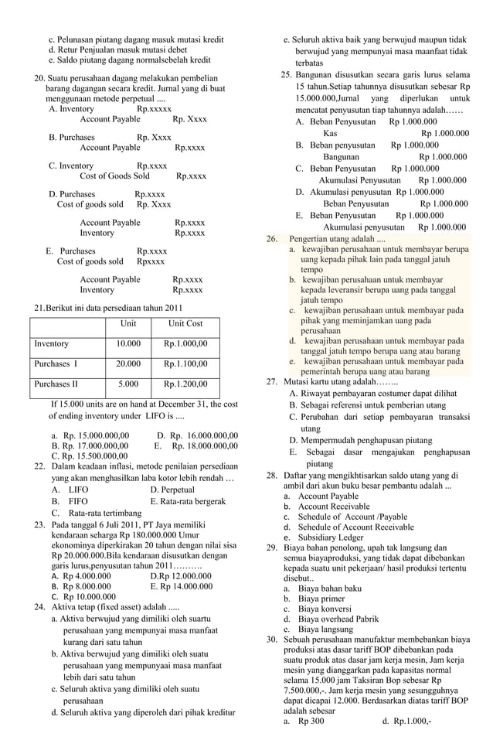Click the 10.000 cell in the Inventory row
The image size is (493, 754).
point(128,343)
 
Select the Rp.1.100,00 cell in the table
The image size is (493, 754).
point(185,363)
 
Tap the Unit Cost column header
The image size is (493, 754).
point(185,323)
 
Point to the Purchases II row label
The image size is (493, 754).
point(56,384)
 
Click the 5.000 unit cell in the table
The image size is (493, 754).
point(128,384)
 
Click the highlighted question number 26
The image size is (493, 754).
point(271,238)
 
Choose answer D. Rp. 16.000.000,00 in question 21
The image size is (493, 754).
point(197,435)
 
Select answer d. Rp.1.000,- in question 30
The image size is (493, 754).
point(406,721)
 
